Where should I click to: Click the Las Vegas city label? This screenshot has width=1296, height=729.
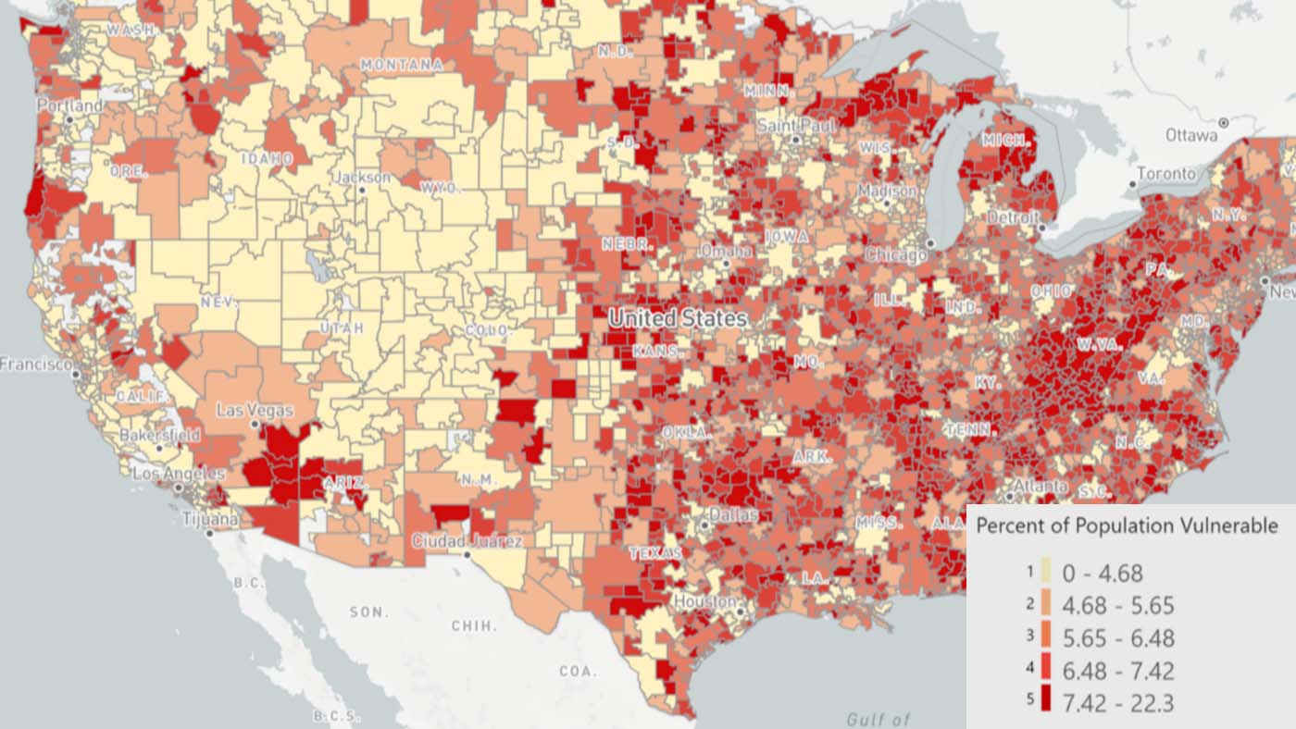255,410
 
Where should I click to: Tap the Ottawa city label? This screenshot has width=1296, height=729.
1191,135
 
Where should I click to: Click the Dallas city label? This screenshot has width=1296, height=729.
733,514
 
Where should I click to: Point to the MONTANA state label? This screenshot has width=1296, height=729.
401,65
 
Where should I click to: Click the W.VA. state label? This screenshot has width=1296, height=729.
1099,344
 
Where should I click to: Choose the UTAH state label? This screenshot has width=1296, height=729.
342,328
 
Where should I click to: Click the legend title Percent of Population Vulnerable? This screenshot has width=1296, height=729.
1127,525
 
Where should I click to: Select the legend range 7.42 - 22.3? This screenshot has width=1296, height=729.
1117,703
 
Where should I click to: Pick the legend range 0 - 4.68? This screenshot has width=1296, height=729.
1102,574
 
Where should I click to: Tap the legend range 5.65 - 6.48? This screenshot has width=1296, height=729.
1117,638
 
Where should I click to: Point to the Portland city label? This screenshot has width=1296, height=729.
70,106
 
